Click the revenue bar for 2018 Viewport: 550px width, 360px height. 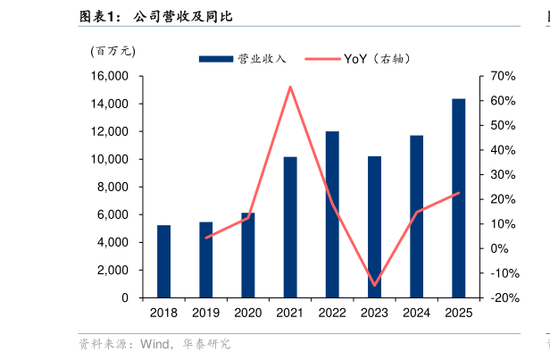pyautogui.click(x=163, y=261)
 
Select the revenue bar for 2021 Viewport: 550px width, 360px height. pyautogui.click(x=290, y=227)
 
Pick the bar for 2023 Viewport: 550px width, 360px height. pyautogui.click(x=374, y=227)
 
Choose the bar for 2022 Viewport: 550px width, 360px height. pyautogui.click(x=332, y=214)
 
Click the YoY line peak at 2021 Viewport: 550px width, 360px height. pyautogui.click(x=290, y=87)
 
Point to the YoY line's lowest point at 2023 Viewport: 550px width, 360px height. pyautogui.click(x=374, y=285)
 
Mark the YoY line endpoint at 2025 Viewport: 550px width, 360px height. pyautogui.click(x=458, y=193)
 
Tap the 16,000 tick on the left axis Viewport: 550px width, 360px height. pyautogui.click(x=107, y=77)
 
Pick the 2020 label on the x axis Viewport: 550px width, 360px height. pyautogui.click(x=247, y=313)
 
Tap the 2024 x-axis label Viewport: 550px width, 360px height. pyautogui.click(x=416, y=313)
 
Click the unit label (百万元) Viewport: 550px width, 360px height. pyautogui.click(x=112, y=51)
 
